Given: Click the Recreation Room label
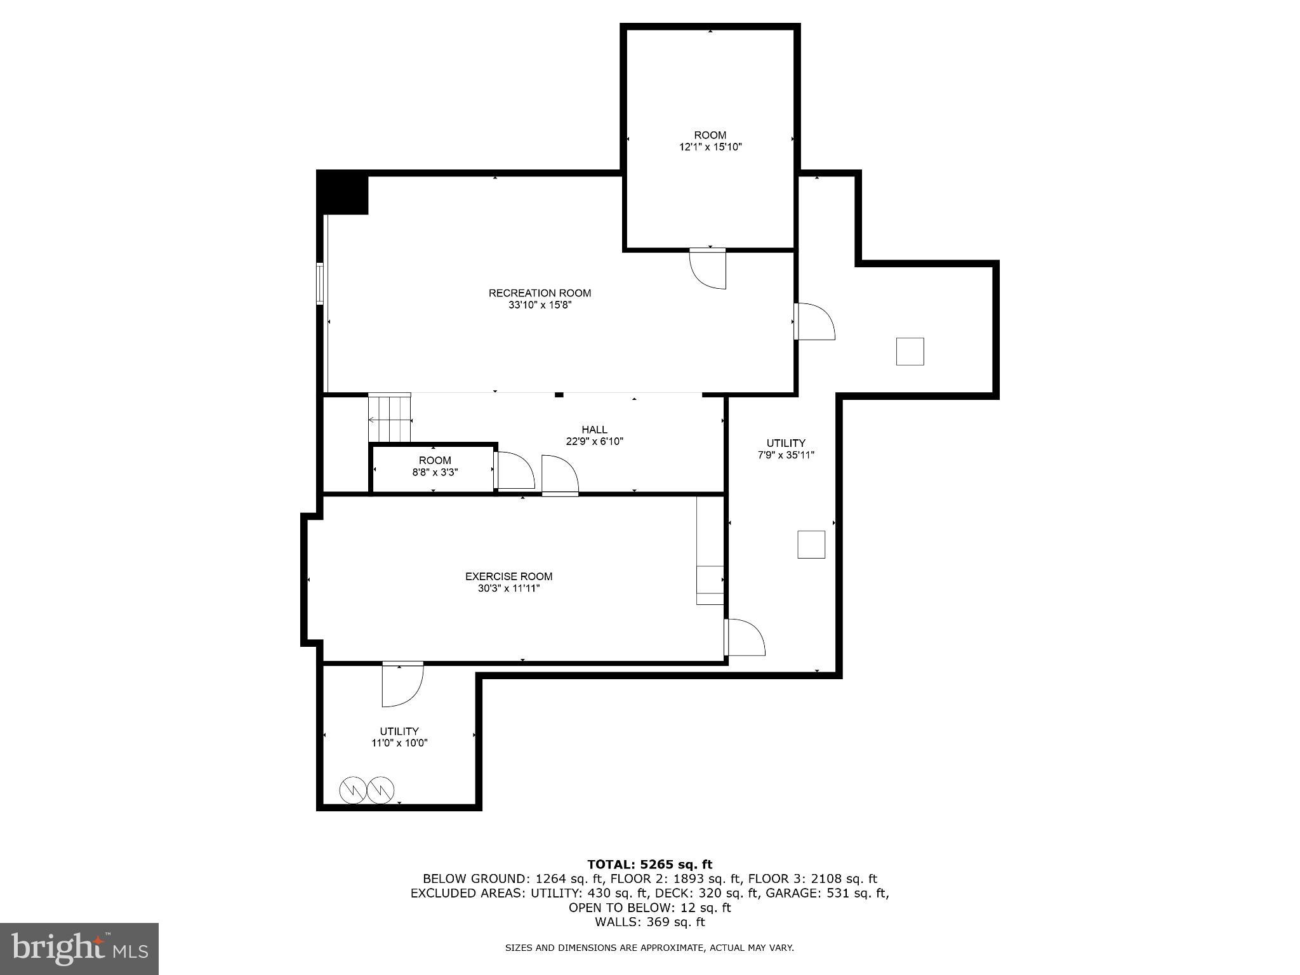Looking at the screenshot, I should coord(540,293).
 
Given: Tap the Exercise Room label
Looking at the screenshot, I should coord(508,576).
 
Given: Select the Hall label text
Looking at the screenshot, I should coord(594,430).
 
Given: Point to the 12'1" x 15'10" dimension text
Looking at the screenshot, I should coord(710,147).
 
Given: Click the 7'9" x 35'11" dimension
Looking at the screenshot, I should coord(786,455).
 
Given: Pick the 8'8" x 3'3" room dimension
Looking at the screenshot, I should coord(435,472).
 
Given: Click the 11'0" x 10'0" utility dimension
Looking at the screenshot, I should coord(399,743).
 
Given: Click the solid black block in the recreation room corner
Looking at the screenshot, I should coord(343,193).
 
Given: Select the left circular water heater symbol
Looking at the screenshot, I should coord(352,790).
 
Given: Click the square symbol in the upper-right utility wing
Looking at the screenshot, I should coord(910,352).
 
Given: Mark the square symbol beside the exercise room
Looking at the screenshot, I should coord(811,545).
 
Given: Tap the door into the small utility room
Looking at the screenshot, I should coord(402,684).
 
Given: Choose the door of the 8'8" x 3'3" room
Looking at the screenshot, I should coord(514,470).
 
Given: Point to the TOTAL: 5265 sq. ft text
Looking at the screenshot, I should coord(649,865).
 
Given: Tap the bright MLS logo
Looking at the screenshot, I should coord(79,948).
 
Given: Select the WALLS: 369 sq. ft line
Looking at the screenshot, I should coord(649,922).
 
